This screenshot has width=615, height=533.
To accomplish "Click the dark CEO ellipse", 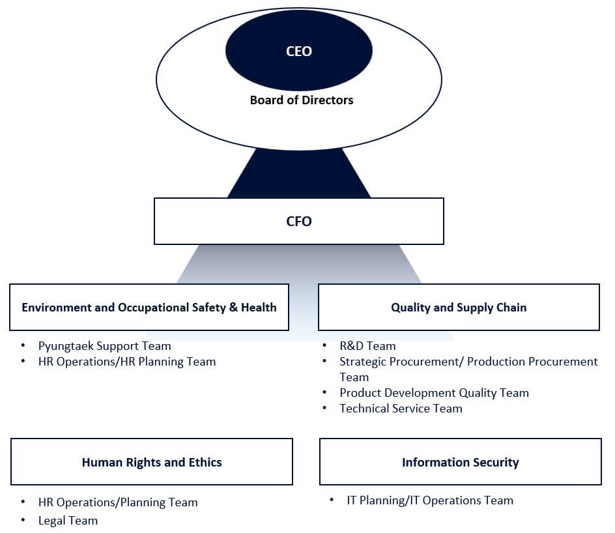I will click(x=298, y=51).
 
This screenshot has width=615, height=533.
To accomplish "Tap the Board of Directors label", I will click(x=301, y=100).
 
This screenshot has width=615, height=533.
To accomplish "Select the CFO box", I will click(x=298, y=222).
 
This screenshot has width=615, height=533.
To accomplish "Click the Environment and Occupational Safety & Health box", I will click(x=149, y=307).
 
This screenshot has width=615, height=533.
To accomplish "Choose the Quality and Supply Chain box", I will click(x=459, y=307).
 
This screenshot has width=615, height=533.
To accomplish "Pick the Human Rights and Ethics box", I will click(x=152, y=462).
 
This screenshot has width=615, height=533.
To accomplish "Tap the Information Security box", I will click(x=460, y=462).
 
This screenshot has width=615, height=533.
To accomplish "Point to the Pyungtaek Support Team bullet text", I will click(x=104, y=346).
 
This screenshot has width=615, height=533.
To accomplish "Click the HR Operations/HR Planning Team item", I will click(x=126, y=362).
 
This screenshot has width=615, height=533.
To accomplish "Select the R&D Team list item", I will click(x=367, y=346).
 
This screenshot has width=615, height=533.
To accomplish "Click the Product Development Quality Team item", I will click(x=434, y=393).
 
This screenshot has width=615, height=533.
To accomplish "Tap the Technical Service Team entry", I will click(x=401, y=409).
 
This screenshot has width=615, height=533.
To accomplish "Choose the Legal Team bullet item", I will click(x=68, y=521).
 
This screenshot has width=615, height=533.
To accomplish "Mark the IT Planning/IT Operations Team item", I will click(x=430, y=500).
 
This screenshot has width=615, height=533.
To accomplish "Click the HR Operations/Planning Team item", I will click(x=117, y=502).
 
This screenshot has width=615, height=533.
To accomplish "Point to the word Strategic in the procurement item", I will click(x=364, y=362).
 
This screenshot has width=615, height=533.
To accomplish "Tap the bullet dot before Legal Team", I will click(x=23, y=521).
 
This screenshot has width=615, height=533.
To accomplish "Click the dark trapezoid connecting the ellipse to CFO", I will click(x=298, y=175).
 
